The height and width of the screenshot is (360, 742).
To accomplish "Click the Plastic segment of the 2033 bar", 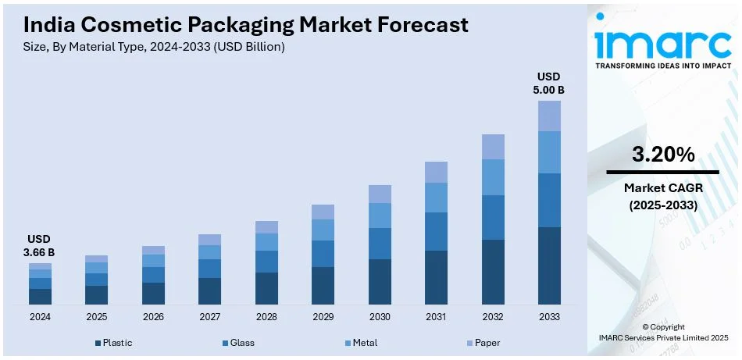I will coord(549,266).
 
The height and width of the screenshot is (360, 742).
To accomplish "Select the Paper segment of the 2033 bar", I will coord(549,116).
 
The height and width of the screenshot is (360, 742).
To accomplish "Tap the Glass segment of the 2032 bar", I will coord(493,217).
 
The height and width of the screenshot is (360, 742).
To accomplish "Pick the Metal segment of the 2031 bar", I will coord(436,198).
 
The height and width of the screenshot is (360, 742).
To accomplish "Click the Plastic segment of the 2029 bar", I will coord(323,285).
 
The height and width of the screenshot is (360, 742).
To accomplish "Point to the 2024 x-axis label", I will coord(40,317).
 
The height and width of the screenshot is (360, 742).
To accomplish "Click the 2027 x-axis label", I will coord(209,317).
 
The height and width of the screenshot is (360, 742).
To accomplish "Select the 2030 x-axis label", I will coord(380,317).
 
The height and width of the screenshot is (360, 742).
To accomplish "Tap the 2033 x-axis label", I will coord(549,317).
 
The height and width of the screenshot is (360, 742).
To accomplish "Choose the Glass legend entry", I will coord(238,343).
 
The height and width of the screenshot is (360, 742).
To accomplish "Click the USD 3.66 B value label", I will coord(40,246).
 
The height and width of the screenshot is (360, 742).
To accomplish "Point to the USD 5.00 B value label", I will coord(549,84).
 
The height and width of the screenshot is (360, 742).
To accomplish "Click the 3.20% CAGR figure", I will coord(663,155).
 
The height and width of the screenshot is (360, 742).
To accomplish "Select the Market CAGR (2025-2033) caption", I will coord(663,196).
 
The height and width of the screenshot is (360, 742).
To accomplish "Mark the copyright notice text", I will coord(663,332).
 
